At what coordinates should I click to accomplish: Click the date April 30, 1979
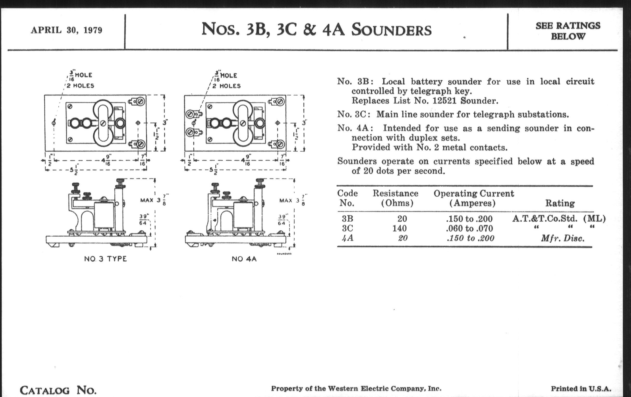[67, 30]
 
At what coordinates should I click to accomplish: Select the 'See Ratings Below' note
[568, 31]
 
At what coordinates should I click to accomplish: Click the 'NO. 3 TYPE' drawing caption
[105, 259]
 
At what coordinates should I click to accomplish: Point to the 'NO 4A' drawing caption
[244, 259]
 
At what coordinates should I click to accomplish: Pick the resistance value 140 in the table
[399, 228]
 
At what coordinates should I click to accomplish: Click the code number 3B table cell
[347, 218]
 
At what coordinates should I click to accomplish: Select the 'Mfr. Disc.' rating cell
[563, 238]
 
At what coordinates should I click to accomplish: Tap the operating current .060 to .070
[469, 228]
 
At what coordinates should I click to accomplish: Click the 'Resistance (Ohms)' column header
[395, 198]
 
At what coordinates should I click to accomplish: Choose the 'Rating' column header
[560, 203]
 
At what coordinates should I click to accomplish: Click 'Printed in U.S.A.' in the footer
[581, 389]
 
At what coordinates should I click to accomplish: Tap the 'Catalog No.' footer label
[58, 390]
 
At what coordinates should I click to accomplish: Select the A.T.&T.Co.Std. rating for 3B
[545, 218]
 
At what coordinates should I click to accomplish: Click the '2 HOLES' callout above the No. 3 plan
[80, 86]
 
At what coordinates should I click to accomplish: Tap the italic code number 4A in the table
[347, 238]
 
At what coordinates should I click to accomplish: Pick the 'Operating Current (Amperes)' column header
[474, 198]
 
